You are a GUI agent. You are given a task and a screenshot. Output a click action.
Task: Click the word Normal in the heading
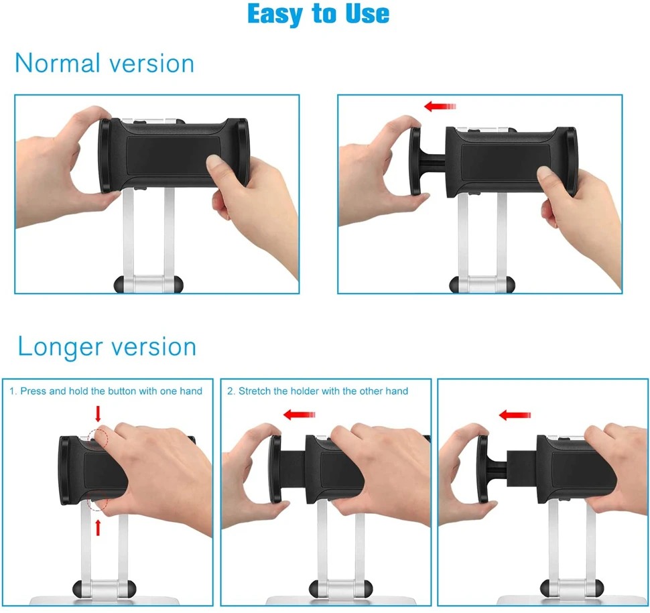[x=58, y=64]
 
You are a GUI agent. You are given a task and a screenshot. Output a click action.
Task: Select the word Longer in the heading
[x=60, y=347]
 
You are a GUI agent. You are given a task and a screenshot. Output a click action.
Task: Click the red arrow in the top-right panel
[x=440, y=107]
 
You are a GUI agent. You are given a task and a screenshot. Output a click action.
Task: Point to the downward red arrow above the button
[x=99, y=413]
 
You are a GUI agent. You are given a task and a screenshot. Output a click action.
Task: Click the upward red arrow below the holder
[x=99, y=528]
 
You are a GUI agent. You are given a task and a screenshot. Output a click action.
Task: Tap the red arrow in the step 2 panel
[x=299, y=415]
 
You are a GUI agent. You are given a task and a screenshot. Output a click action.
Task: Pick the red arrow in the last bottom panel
[x=515, y=415]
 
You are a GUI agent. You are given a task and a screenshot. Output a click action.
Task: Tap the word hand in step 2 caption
[x=399, y=391]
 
